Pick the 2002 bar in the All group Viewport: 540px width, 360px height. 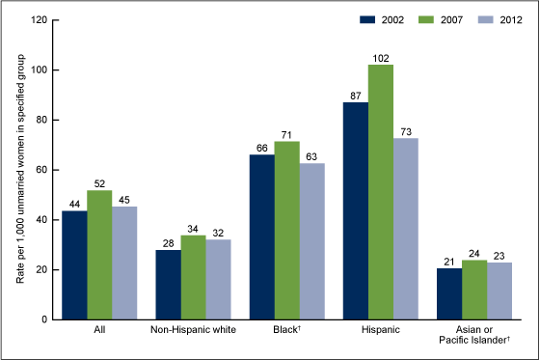pyautogui.click(x=74, y=264)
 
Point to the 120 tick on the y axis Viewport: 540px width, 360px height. pyautogui.click(x=40, y=20)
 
